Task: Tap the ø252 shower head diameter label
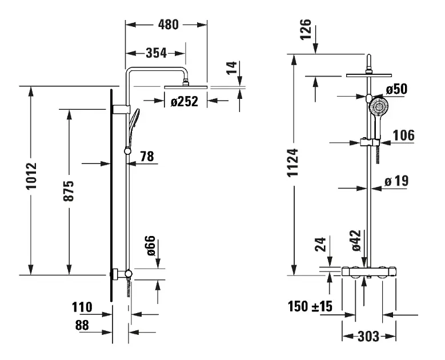pos(184,102)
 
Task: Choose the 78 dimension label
pos(147,155)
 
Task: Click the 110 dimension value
pos(82,307)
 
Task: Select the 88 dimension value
pos(82,325)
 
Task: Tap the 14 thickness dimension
pos(230,69)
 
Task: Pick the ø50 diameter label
pos(396,90)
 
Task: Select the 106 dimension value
pos(403,135)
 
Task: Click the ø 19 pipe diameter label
pos(396,181)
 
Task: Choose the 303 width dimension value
pos(368,336)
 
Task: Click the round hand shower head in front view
pos(378,106)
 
